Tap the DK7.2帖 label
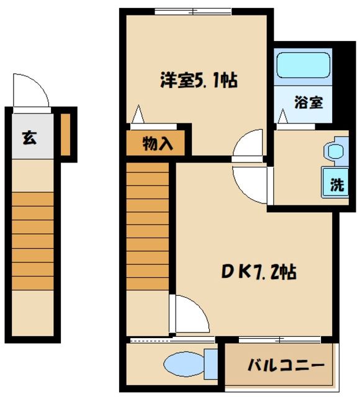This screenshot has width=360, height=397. [x=259, y=271]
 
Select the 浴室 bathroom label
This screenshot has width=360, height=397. [x=308, y=102]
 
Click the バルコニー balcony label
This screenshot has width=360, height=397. [x=286, y=365]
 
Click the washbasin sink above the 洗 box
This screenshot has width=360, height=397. [x=335, y=151]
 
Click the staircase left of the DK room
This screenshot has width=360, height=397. [x=148, y=225]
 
